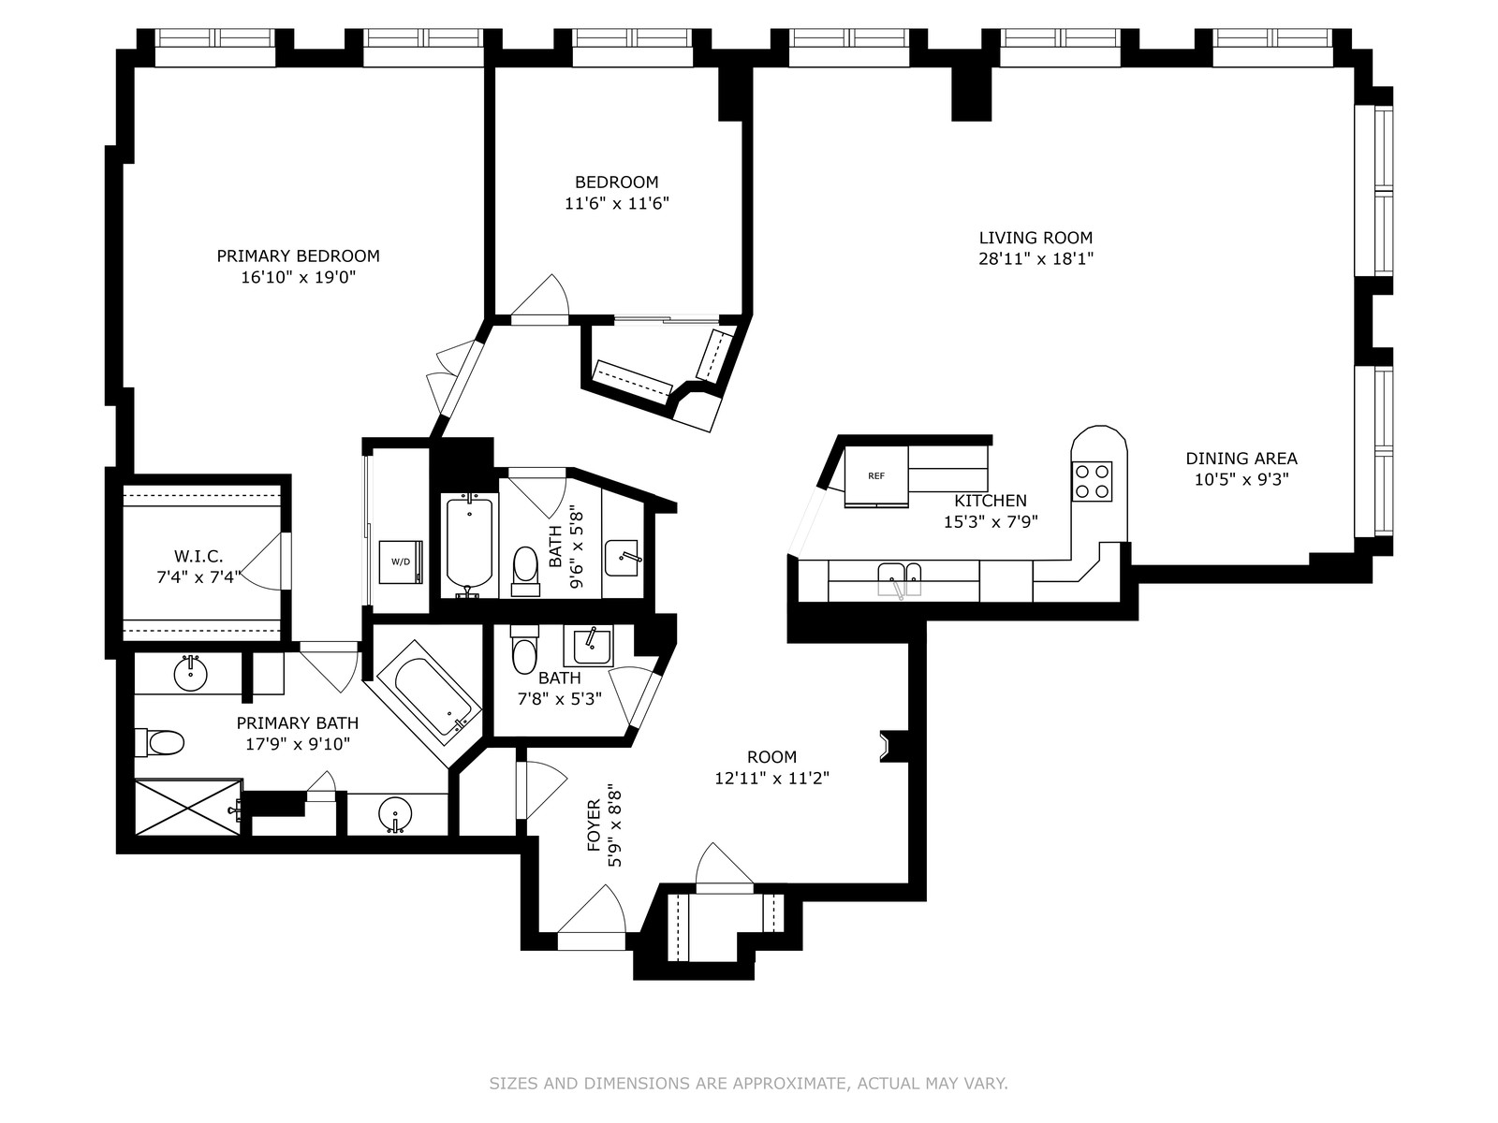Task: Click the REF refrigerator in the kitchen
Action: [x=876, y=476]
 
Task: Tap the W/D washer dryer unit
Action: [x=401, y=561]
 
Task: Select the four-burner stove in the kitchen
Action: [x=1092, y=482]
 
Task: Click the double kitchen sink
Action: [x=900, y=580]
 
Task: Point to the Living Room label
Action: [x=1036, y=238]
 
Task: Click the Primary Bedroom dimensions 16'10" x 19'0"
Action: [x=299, y=278]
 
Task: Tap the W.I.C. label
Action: [x=198, y=557]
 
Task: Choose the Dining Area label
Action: [x=1241, y=459]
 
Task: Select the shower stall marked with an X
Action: [x=188, y=808]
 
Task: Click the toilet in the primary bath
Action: [x=159, y=742]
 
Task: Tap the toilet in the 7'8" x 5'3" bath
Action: [x=524, y=649]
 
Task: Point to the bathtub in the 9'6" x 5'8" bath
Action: [x=470, y=544]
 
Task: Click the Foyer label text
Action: [x=594, y=825]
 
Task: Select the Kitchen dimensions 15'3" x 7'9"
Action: [x=991, y=522]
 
